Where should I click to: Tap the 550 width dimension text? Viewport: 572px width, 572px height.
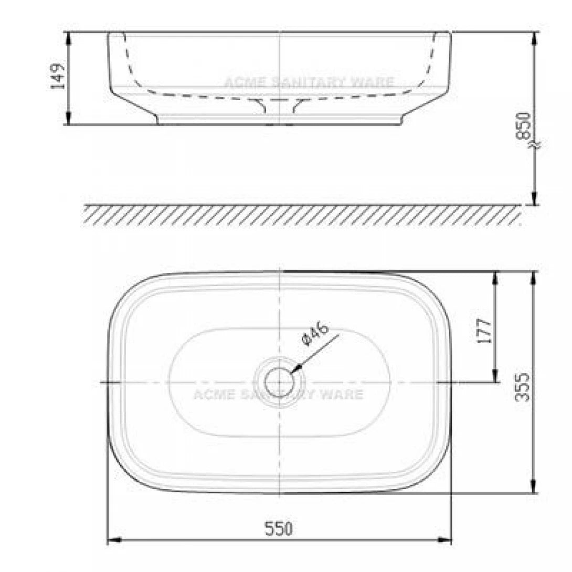point(278,528)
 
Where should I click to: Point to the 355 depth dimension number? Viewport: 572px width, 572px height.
point(522,387)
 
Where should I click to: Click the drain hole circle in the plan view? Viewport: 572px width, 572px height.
point(278,382)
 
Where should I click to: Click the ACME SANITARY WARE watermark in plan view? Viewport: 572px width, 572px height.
point(278,394)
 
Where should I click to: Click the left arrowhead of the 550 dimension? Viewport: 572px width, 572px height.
point(112,540)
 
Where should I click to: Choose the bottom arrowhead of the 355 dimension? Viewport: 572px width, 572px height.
point(534,489)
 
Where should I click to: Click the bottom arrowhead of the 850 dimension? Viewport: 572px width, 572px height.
point(534,200)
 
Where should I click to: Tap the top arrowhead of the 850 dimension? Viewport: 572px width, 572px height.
point(534,37)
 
